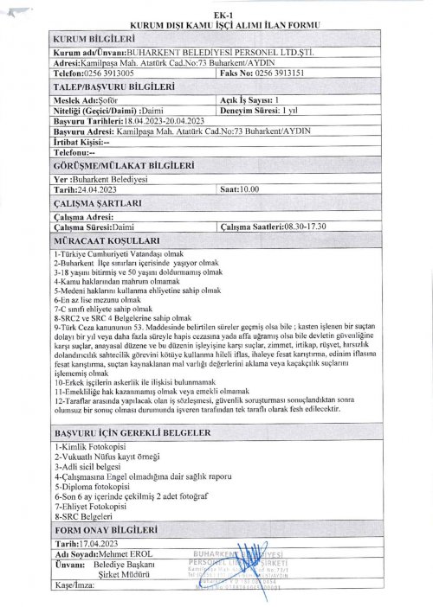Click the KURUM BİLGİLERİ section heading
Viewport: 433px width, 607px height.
coord(94,40)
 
